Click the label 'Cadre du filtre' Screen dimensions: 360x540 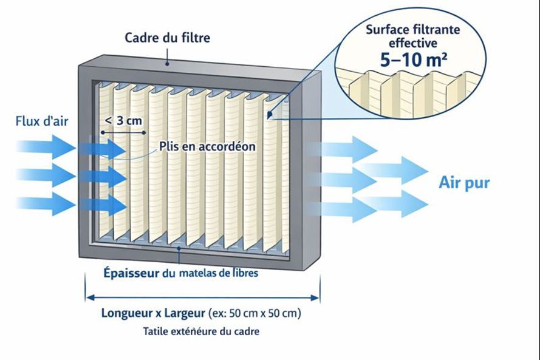(x=167, y=38)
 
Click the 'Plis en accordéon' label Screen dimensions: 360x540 (x=208, y=146)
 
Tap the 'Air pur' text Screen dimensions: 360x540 (x=464, y=182)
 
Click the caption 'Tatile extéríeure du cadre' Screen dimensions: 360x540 (x=201, y=332)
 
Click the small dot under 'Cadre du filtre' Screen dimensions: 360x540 (x=169, y=61)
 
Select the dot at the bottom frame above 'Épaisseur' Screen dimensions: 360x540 (x=178, y=247)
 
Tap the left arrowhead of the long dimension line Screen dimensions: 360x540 (x=89, y=297)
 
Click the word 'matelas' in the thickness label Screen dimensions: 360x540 (x=197, y=273)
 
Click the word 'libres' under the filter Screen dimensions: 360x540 (x=243, y=273)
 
